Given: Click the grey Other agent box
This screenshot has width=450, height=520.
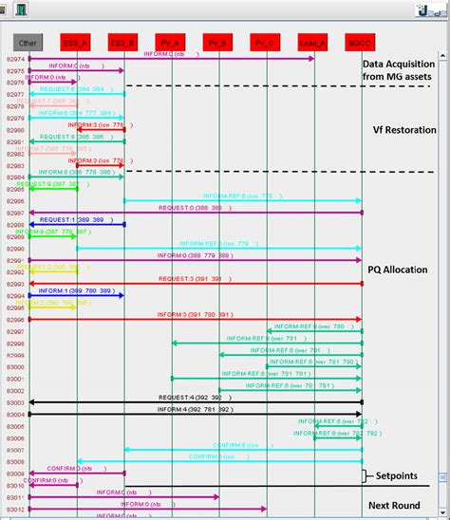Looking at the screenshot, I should point(28,42).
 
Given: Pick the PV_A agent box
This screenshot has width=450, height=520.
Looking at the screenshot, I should point(171,42).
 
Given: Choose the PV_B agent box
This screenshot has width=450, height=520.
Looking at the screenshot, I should point(218,42).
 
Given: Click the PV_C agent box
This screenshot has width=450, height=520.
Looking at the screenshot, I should point(266,42).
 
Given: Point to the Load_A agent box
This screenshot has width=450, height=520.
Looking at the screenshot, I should point(313,42).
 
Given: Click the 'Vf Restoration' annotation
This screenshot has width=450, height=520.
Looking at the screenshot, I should point(404,130).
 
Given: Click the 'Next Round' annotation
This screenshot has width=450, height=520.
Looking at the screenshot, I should point(395,505).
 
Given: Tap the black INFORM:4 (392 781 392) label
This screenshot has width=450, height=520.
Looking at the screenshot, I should point(196,410).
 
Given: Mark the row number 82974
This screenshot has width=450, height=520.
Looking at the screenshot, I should point(15,60).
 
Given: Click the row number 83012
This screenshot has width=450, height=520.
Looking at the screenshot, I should point(15,509).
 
